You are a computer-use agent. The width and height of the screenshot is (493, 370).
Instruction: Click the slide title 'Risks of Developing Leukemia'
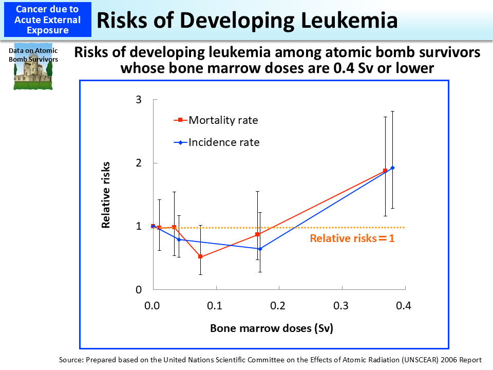[247, 20]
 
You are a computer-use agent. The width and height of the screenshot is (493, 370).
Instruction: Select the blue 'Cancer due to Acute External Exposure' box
[48, 20]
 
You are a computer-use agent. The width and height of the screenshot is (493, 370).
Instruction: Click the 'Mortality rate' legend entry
[222, 120]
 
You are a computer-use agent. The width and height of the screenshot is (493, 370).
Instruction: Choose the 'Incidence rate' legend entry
[223, 142]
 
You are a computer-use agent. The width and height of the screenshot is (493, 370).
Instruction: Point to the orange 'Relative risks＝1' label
[352, 238]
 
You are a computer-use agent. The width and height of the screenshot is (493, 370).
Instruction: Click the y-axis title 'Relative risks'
[106, 195]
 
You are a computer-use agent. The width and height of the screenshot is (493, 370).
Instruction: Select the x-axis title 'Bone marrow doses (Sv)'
[272, 328]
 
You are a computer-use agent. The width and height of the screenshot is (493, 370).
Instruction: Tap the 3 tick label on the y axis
[138, 100]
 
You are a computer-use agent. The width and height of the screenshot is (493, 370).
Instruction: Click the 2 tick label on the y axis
[138, 163]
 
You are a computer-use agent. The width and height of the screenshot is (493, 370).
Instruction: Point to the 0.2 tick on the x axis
[278, 306]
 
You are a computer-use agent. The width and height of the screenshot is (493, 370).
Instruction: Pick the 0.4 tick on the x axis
[404, 306]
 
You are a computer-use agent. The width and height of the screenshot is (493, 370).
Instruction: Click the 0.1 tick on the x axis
[215, 306]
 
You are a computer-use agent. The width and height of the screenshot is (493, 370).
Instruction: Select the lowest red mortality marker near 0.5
[200, 256]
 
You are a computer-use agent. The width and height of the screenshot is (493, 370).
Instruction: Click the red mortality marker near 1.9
[385, 171]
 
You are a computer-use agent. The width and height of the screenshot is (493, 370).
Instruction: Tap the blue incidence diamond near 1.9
[392, 168]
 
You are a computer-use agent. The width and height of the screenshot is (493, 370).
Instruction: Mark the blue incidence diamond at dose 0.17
[260, 249]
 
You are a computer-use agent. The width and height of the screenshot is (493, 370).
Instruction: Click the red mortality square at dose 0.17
[257, 234]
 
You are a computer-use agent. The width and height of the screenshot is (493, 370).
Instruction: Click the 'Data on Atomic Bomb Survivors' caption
[33, 55]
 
